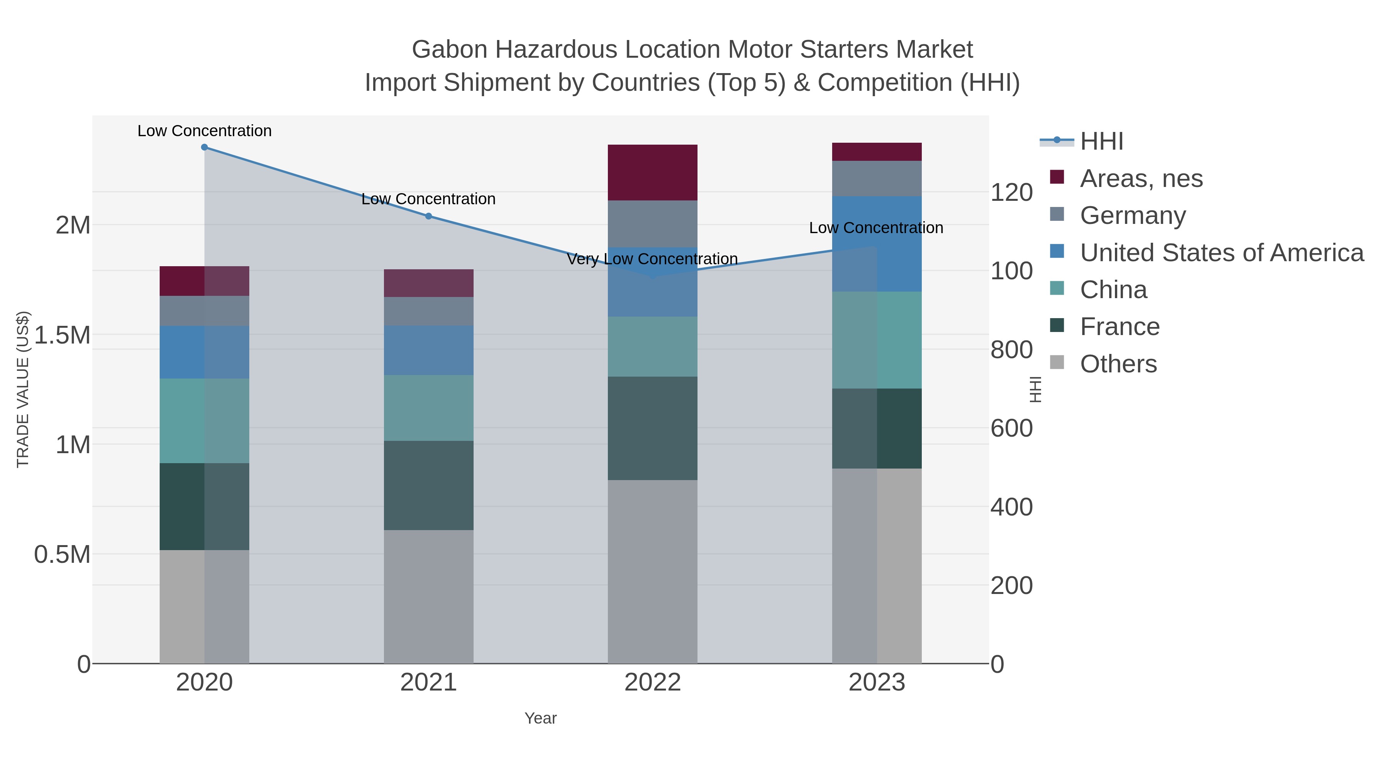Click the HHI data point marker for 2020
tap(204, 147)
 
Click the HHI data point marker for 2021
tap(429, 216)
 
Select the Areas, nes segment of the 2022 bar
tap(652, 173)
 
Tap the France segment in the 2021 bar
tap(429, 485)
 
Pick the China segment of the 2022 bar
tap(652, 347)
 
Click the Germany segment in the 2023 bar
tap(876, 178)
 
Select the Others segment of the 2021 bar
tap(429, 597)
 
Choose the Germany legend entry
tap(1132, 215)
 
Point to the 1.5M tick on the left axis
tap(62, 335)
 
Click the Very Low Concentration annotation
tap(652, 259)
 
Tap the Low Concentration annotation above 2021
tap(429, 199)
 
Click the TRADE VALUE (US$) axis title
tap(23, 389)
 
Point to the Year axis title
tap(541, 718)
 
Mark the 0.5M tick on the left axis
tap(62, 554)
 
